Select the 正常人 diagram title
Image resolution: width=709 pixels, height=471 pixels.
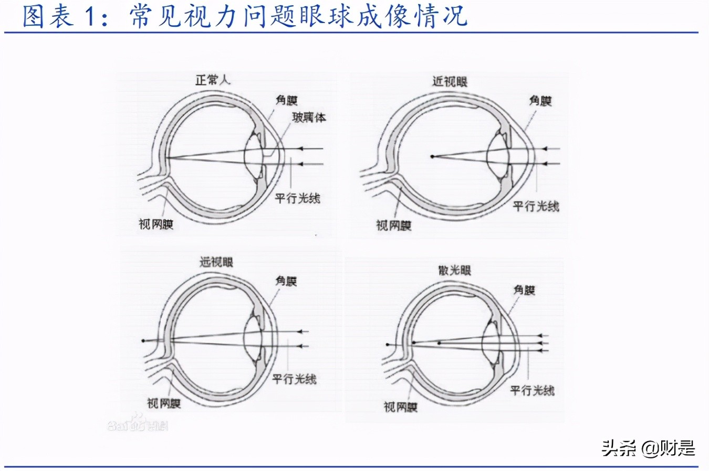click(212, 80)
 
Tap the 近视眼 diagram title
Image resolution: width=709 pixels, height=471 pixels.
click(450, 81)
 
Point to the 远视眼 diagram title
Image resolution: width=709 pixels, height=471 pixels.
click(216, 262)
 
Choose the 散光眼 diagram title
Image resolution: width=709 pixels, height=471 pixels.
click(454, 271)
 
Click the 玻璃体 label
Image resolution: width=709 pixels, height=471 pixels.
click(309, 117)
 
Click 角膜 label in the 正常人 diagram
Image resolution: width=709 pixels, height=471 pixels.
click(286, 100)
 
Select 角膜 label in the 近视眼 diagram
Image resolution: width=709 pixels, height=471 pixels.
click(540, 100)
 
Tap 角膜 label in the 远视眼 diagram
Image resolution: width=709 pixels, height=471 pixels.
click(286, 281)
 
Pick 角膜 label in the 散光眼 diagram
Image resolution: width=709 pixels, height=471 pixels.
click(524, 290)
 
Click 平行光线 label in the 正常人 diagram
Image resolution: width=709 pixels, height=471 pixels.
click(297, 198)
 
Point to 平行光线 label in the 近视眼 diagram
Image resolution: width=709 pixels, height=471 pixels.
click(536, 206)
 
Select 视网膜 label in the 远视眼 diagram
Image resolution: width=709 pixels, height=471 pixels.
click(163, 403)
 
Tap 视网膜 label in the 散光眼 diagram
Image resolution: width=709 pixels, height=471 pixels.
click(400, 406)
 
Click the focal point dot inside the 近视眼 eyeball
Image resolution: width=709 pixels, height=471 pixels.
click(432, 156)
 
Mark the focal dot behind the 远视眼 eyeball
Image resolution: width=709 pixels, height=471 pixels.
click(143, 341)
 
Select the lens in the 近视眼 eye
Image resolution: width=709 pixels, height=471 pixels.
click(496, 156)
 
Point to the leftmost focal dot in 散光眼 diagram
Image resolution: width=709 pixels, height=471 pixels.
click(388, 345)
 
